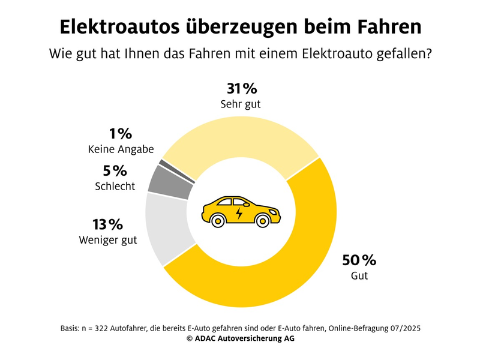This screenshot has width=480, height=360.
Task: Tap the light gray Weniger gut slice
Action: (169, 234)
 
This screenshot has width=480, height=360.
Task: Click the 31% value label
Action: (241, 89)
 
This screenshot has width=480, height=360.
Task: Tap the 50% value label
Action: (359, 260)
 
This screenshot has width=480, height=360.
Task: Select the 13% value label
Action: (108, 225)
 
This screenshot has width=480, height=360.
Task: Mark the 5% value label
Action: (115, 170)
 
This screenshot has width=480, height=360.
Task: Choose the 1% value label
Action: (121, 134)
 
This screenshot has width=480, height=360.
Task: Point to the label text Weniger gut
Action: (108, 241)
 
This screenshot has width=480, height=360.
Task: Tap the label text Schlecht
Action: (115, 186)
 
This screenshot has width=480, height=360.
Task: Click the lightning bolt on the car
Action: (240, 213)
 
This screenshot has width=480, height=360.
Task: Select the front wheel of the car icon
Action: (262, 221)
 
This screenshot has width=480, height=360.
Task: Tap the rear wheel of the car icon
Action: (217, 221)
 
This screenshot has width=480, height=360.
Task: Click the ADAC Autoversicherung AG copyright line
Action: (240, 339)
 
